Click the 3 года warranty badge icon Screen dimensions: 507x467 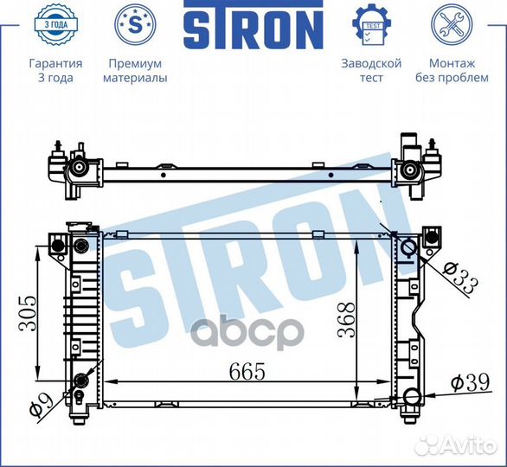pyautogui.click(x=55, y=24)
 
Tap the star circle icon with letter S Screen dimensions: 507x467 pyautogui.click(x=135, y=24)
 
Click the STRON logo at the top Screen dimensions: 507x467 pyautogui.click(x=253, y=24)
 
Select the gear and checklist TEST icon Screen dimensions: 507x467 pyautogui.click(x=371, y=24)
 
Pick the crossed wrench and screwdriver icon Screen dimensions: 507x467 pyautogui.click(x=452, y=24)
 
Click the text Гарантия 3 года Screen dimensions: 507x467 pyautogui.click(x=55, y=70)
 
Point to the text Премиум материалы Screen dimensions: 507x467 pyautogui.click(x=135, y=70)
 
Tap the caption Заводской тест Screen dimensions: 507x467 pyautogui.click(x=371, y=70)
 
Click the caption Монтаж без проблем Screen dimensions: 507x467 pyautogui.click(x=452, y=70)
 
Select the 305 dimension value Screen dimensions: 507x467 pyautogui.click(x=28, y=313)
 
